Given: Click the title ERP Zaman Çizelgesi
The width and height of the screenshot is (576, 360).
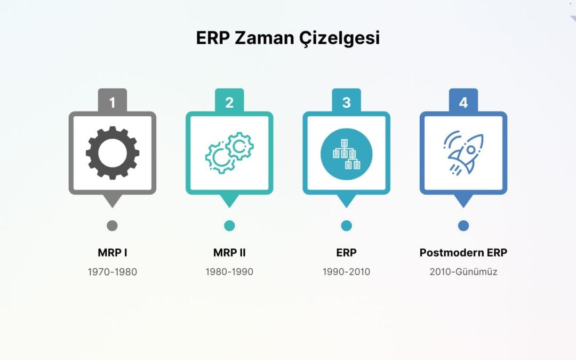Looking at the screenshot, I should point(287,38).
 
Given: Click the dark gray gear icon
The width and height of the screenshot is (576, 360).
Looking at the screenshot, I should point(112,153).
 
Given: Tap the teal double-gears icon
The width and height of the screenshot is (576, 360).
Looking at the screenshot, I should point(229,153).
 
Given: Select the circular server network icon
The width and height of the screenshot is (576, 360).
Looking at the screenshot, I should point(346,153).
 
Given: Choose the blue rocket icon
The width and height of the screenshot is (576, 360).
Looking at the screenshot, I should point(463,153).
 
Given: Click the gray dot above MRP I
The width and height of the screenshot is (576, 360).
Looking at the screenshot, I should point(112,226).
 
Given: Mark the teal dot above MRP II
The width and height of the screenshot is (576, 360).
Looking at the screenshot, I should point(229,226).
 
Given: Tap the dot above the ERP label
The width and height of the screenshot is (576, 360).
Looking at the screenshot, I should point(346,226).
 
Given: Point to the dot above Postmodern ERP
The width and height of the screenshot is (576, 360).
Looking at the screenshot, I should point(463,226).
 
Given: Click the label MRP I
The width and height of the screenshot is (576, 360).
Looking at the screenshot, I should point(112,253).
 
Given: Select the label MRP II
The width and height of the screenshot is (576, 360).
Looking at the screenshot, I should point(229,253).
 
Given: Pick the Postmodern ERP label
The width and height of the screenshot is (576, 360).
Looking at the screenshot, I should point(463,253).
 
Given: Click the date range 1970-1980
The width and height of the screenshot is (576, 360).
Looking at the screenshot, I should point(112,272).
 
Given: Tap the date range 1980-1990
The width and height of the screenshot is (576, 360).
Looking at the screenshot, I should point(229,272).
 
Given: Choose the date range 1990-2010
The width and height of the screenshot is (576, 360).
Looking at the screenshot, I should point(346,272).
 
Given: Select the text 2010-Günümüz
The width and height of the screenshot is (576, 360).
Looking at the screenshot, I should point(463,272).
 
